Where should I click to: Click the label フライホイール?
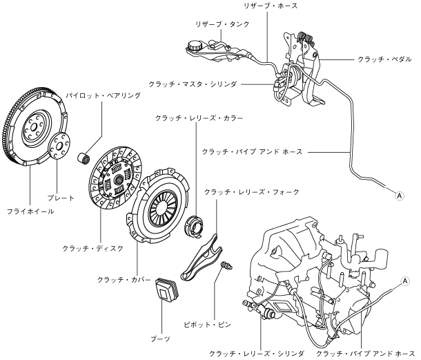tap(30, 211)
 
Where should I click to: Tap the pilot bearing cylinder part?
tap(84, 158)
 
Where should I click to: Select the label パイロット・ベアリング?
tap(104, 95)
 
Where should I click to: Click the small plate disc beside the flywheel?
tap(59, 146)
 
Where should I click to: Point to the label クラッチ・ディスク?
tap(92, 248)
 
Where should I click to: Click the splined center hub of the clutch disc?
tap(119, 178)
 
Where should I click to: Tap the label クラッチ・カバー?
tap(124, 280)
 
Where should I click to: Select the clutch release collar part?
tap(194, 225)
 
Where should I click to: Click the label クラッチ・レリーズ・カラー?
tap(199, 118)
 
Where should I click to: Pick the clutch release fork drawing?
tap(202, 257)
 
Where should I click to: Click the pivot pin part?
tap(226, 265)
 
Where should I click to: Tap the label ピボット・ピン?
tap(207, 325)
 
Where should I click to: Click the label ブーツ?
tap(161, 339)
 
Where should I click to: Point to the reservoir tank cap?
tap(194, 45)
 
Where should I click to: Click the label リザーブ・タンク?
tap(223, 24)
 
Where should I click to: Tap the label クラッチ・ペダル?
tap(384, 59)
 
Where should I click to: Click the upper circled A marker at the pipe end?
tap(400, 196)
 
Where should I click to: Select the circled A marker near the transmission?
tap(405, 281)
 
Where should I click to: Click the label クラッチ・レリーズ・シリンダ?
tap(257, 353)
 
